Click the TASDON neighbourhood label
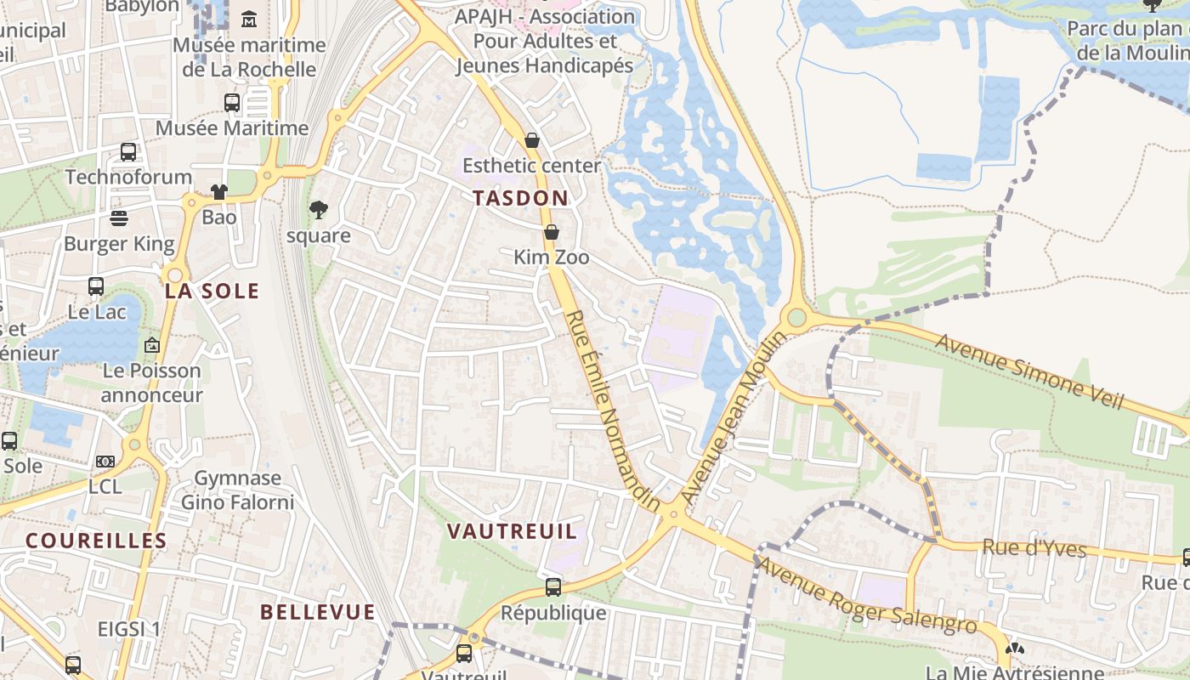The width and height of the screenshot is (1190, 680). coord(520,198)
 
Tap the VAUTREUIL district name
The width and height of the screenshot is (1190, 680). coord(512,532)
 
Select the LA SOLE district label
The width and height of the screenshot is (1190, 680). coord(212,291)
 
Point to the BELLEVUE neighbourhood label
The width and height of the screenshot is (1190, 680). coord(317,612)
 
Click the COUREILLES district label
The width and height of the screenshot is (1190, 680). coord(96,541)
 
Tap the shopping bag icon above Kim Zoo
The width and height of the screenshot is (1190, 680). coord(552,232)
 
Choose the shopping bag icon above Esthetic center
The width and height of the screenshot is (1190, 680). coord(532,140)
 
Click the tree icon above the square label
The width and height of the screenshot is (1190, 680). coord(319,209)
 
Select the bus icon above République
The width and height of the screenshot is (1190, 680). coord(553,586)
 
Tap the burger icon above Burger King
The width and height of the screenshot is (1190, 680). coord(119,218)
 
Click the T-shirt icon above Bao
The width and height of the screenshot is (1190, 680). coord(219,192)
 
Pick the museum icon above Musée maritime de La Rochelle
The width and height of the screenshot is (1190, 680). coord(250,19)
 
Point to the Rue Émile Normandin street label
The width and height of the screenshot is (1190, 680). coord(612,411)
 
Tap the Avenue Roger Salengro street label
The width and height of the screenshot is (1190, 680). coord(867,595)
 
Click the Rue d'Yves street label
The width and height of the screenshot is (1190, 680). coord(1034,548)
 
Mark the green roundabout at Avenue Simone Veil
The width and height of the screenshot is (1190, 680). coord(796,318)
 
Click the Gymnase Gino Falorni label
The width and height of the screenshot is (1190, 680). coord(238,490)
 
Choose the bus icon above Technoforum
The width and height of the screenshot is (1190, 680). coord(128,152)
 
